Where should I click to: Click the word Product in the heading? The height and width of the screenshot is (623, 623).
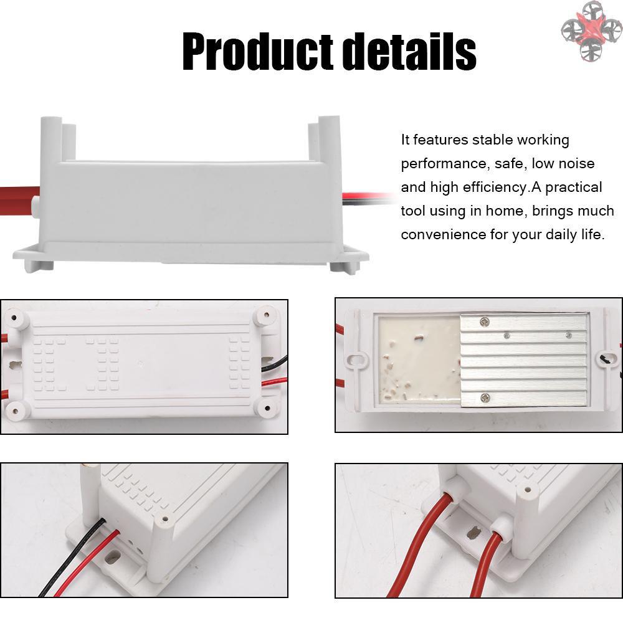click(x=257, y=52)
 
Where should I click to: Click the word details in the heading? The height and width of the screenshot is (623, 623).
click(x=409, y=52)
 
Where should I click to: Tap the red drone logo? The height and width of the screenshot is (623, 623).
click(x=592, y=31)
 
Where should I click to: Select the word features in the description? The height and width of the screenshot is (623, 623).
click(x=440, y=140)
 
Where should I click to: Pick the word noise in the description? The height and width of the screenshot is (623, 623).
click(x=576, y=163)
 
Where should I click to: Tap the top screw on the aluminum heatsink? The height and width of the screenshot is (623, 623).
click(x=484, y=322)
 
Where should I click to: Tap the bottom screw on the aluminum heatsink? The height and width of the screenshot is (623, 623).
click(x=485, y=397)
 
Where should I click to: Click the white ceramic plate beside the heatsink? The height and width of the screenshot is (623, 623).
click(x=419, y=360)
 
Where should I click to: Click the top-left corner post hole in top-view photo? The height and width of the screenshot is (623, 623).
click(x=14, y=318)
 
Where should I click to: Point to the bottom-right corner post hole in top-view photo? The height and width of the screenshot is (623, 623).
click(x=267, y=408)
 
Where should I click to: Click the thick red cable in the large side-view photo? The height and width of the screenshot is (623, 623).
click(x=19, y=201)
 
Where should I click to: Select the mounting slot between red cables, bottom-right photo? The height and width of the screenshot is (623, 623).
click(x=473, y=533)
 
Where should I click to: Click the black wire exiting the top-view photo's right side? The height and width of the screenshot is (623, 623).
click(x=275, y=363)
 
